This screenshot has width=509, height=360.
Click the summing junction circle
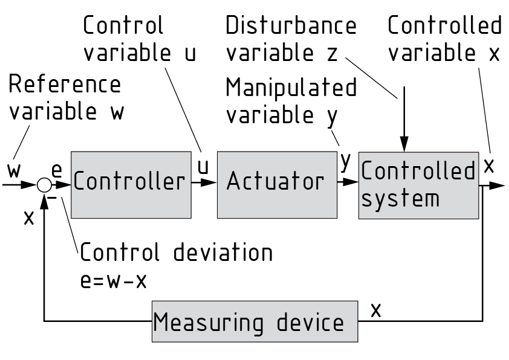point(44,184)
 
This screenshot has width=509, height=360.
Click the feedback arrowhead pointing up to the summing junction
point(44,199)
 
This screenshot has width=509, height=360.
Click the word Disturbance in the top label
point(291,26)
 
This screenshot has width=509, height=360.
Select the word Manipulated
point(291,88)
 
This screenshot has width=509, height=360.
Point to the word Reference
point(64,85)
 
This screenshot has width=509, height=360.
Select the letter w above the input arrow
point(14,170)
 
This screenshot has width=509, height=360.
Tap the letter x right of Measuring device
point(376,310)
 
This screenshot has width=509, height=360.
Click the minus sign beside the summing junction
point(53,197)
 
